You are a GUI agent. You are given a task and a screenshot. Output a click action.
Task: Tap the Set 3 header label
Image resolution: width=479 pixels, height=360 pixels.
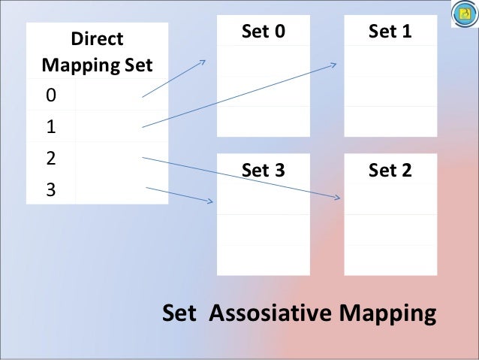263,170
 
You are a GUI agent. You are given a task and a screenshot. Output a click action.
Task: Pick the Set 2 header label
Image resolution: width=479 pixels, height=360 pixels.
390,170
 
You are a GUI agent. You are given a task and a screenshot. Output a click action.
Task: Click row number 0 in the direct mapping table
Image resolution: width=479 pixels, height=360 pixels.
50,95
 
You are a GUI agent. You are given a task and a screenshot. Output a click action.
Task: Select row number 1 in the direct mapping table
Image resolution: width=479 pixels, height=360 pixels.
50,127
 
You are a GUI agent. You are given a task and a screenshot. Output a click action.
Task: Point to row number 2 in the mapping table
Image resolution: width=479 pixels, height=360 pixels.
50,159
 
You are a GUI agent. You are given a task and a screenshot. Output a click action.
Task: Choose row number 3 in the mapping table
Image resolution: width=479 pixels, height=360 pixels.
50,190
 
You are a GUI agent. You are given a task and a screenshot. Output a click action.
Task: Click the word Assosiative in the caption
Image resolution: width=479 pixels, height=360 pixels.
276,313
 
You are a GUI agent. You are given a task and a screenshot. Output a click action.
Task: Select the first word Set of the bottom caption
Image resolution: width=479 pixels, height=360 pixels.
180,313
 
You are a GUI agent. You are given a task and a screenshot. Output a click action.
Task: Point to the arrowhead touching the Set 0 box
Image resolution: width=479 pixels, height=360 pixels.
203,62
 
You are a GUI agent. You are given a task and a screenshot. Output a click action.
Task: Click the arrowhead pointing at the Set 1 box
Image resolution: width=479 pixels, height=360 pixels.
334,65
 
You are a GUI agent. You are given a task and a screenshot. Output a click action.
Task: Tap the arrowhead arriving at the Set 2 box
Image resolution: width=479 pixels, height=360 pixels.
338,198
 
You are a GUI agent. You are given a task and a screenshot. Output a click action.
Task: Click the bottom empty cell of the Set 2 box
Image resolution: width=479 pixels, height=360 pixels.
390,259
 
